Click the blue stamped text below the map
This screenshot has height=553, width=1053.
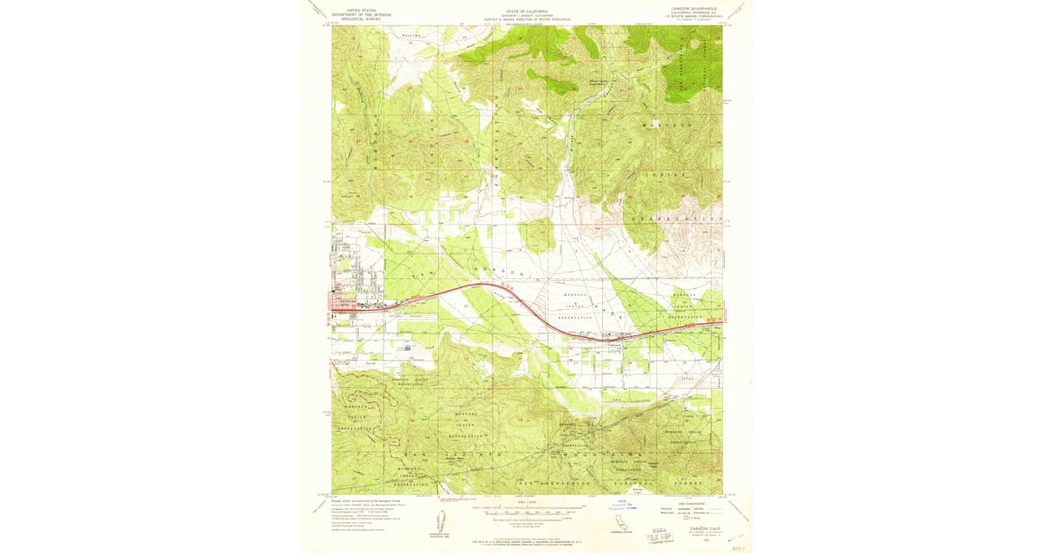point(622,506)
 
